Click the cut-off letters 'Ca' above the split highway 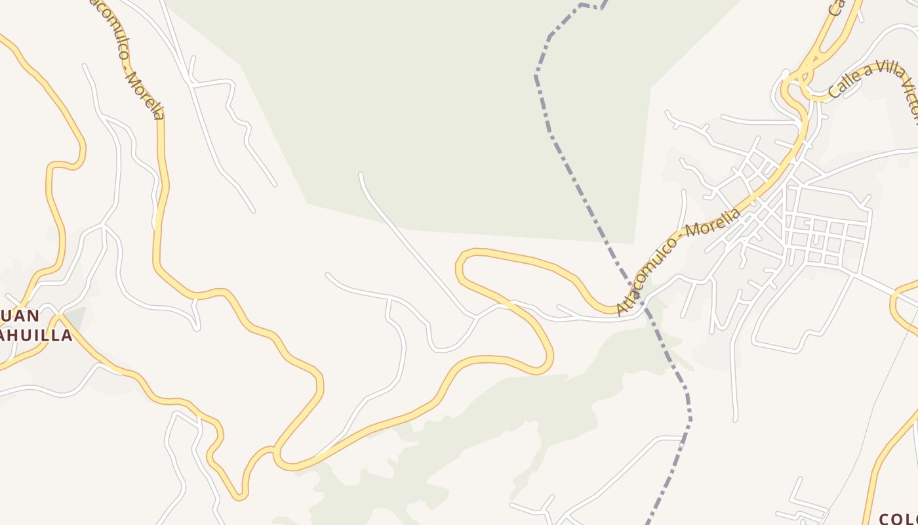pos(836,8)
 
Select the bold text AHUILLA pos(36,336)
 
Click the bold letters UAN pos(20,316)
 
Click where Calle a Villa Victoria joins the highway pos(812,97)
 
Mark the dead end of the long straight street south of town pos(736,419)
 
